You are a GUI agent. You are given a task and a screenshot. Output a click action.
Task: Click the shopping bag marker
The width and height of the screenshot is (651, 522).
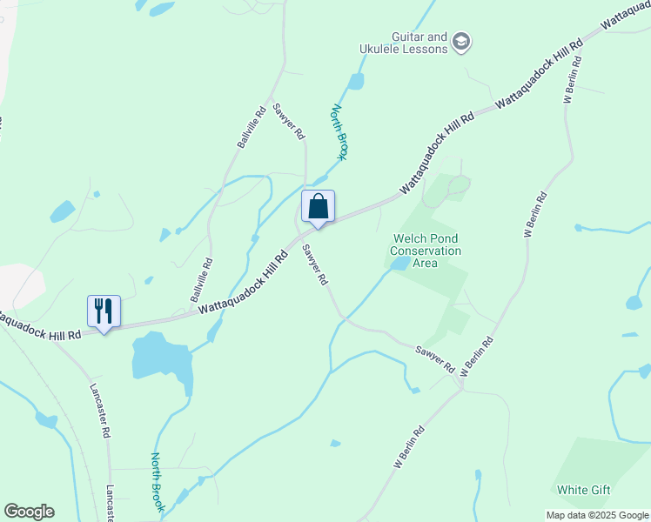[318, 207]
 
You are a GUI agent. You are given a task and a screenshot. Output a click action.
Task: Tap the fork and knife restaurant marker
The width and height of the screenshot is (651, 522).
[104, 311]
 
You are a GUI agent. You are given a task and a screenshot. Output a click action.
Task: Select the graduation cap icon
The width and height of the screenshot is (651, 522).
[461, 41]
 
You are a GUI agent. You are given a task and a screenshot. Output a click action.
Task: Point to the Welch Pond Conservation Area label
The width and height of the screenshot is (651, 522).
[426, 251]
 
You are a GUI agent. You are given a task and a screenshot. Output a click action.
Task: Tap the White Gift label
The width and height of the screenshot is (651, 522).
[583, 490]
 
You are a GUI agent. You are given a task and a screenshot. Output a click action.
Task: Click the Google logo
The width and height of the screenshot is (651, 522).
[29, 512]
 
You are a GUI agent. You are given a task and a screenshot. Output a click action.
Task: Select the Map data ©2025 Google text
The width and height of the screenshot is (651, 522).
[597, 515]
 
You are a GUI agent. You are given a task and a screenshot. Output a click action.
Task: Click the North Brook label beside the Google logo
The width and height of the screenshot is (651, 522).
[158, 481]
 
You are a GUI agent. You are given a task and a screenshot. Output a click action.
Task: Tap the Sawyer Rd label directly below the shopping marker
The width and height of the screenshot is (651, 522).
[314, 265]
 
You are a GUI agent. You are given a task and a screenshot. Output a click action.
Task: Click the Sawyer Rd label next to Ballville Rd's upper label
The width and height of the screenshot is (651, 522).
[288, 123]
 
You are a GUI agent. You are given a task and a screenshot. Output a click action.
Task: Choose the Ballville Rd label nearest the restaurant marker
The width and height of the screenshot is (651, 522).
[201, 283]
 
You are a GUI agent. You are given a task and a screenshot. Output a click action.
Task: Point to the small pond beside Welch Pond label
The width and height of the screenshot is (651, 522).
[399, 264]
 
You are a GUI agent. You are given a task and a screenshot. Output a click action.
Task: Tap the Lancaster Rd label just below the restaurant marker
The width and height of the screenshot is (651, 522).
[99, 409]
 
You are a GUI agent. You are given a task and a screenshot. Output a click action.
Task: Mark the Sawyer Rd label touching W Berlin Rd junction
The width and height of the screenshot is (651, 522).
[436, 358]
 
